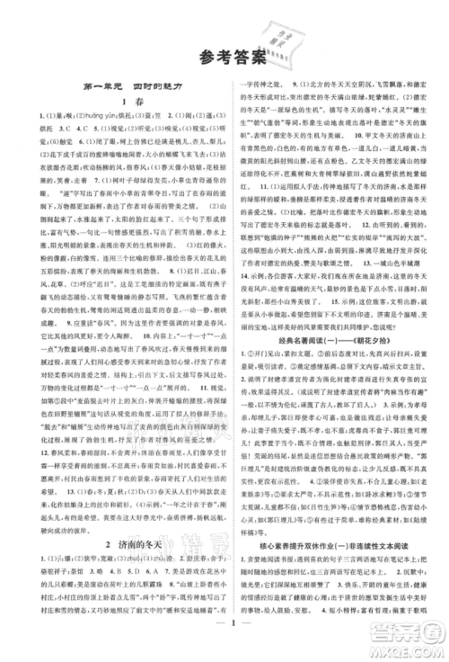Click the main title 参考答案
pos(225,57)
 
